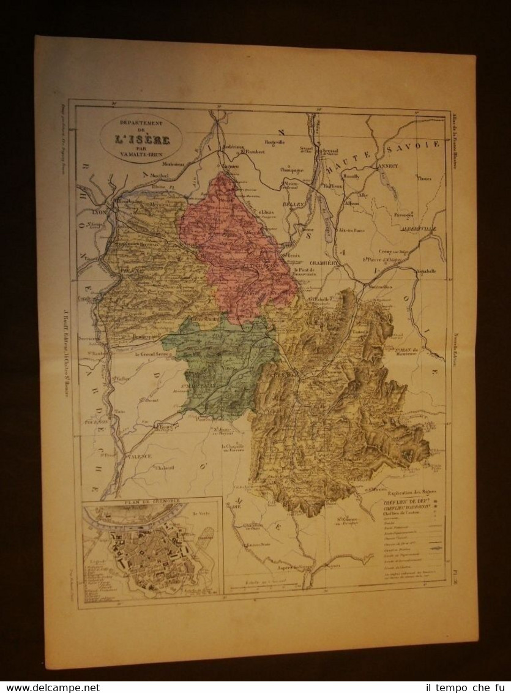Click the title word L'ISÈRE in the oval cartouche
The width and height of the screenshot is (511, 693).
pyautogui.click(x=141, y=139)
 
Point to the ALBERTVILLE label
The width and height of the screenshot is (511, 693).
pyautogui.click(x=415, y=227)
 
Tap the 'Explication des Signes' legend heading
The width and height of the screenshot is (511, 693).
pyautogui.click(x=413, y=492)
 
